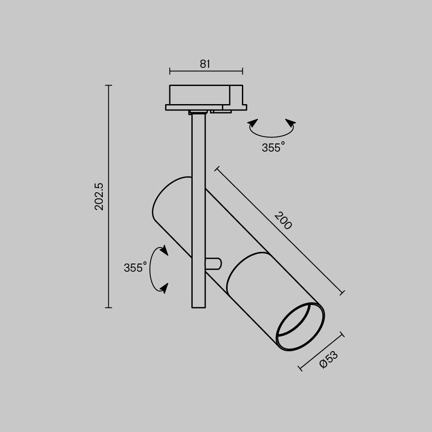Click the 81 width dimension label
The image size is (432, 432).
pyautogui.click(x=205, y=64)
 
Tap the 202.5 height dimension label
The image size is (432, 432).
pyautogui.click(x=99, y=197)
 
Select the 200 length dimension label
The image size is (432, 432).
pyautogui.click(x=283, y=220)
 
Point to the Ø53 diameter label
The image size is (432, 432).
pyautogui.click(x=329, y=359)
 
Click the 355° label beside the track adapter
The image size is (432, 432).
pyautogui.click(x=273, y=148)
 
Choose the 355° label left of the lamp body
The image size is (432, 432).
pyautogui.click(x=135, y=268)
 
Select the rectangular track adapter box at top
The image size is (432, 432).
pyautogui.click(x=199, y=95)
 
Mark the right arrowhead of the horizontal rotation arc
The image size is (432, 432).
pyautogui.click(x=291, y=123)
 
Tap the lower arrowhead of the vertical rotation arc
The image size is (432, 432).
pyautogui.click(x=164, y=288)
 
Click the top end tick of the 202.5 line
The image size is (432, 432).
pyautogui.click(x=108, y=86)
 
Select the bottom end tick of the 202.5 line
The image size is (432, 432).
pyautogui.click(x=108, y=308)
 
